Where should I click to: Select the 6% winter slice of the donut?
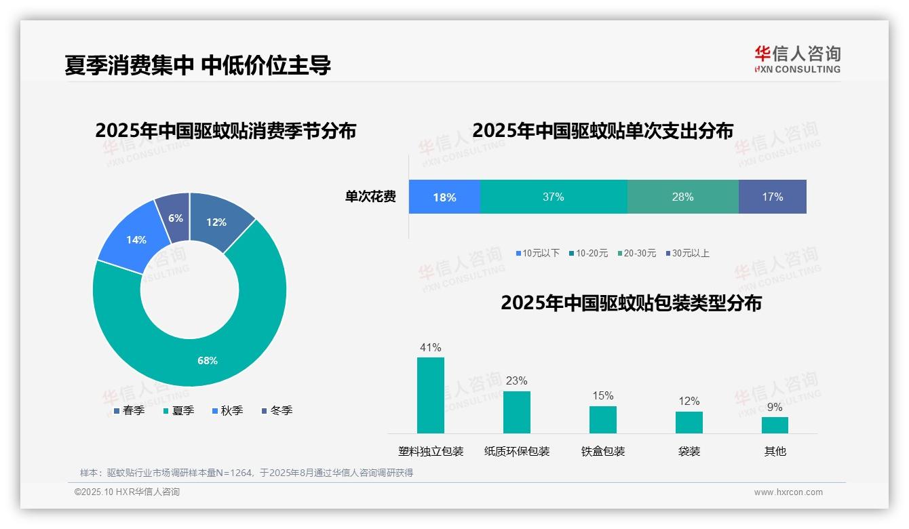(174, 216)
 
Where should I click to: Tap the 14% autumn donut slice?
(136, 240)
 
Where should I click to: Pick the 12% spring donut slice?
(217, 222)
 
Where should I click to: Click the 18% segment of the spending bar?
(444, 197)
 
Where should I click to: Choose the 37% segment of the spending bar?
(554, 197)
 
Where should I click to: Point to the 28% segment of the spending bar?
(682, 197)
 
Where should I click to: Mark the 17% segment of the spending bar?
(772, 197)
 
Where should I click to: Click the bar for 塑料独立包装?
(431, 395)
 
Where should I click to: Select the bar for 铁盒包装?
(602, 419)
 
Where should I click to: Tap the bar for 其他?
(775, 425)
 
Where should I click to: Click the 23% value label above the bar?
(516, 381)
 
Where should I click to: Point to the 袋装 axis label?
(689, 451)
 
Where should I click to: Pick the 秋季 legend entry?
(227, 411)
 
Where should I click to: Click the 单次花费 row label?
(370, 197)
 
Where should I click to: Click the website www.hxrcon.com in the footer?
(788, 492)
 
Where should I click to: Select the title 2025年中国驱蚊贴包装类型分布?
(631, 303)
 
